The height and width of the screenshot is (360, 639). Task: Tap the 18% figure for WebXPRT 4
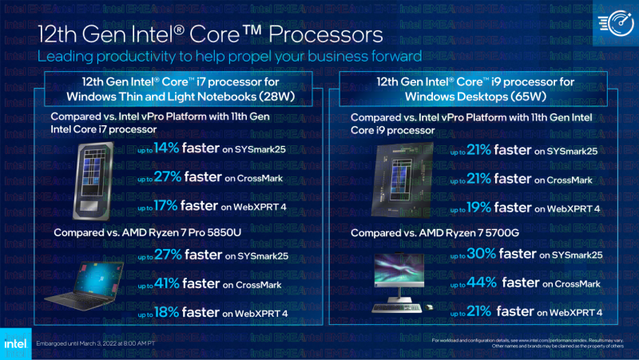tap(165, 312)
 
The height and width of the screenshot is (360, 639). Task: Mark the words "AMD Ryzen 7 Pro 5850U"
tap(176, 231)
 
